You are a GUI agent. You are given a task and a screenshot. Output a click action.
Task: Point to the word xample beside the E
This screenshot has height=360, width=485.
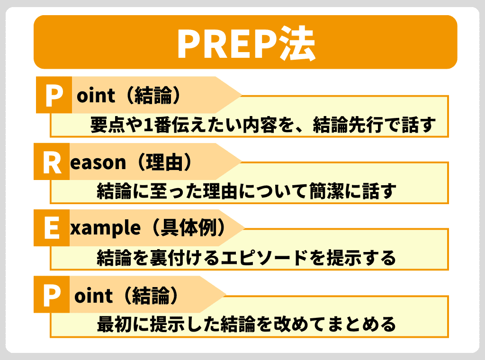tap(105, 229)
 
